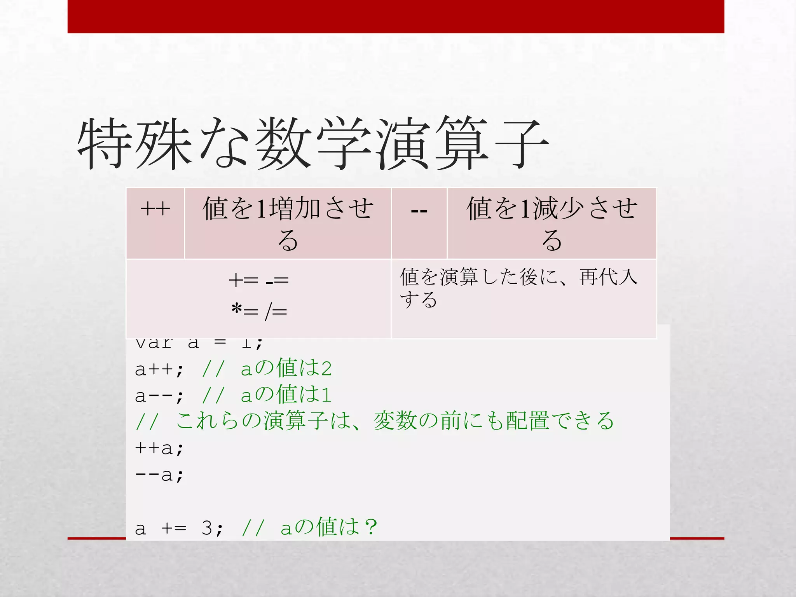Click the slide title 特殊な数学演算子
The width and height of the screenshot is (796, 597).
point(313,144)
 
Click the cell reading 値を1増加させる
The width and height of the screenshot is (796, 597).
point(288,223)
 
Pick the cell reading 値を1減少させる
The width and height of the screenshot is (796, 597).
point(552,223)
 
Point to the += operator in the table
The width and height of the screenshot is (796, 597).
point(243,280)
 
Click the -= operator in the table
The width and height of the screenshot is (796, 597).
point(277,280)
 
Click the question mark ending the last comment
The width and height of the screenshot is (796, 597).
point(371,527)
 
